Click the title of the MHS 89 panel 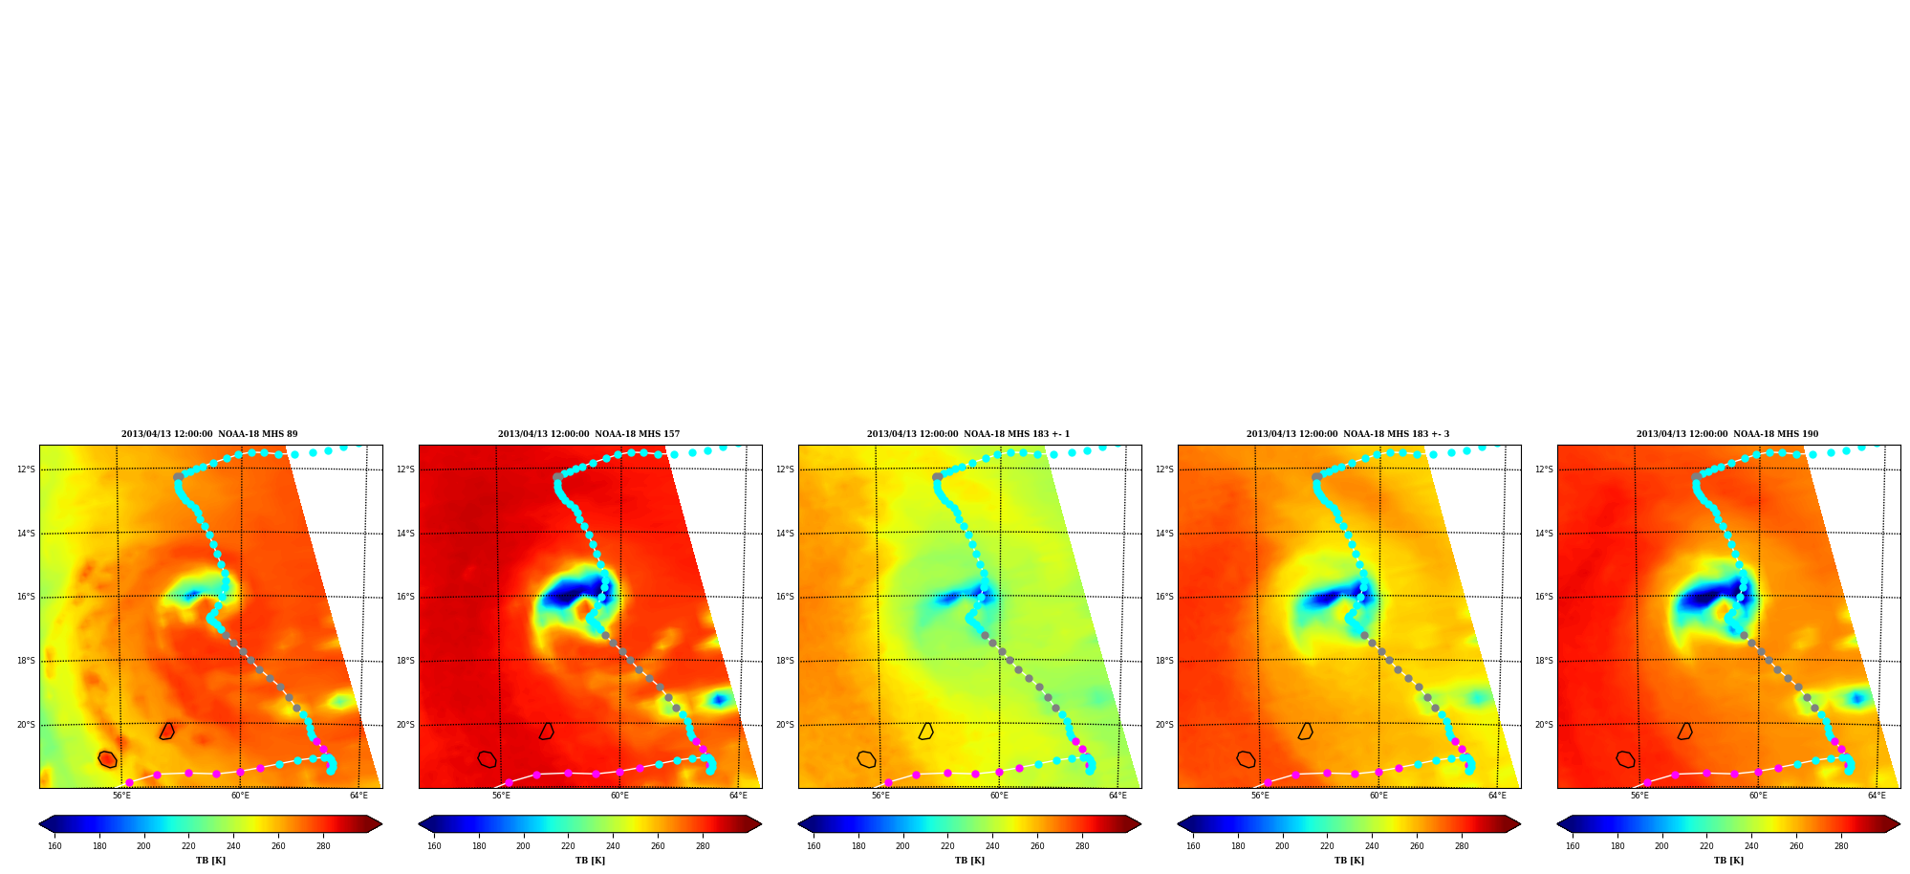pyautogui.click(x=209, y=434)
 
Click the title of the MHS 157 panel pyautogui.click(x=589, y=434)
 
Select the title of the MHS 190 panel pyautogui.click(x=1727, y=434)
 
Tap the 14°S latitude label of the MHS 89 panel pyautogui.click(x=26, y=534)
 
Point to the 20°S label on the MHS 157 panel pyautogui.click(x=405, y=725)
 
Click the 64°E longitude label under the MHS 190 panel pyautogui.click(x=1877, y=796)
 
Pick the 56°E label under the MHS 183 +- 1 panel pyautogui.click(x=880, y=796)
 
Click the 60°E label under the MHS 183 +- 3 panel pyautogui.click(x=1378, y=796)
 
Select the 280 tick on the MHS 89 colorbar pyautogui.click(x=323, y=846)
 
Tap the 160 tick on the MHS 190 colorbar pyautogui.click(x=1573, y=846)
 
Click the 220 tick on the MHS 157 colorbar pyautogui.click(x=568, y=846)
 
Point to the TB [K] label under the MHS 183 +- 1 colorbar pyautogui.click(x=969, y=861)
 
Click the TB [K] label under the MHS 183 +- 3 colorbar pyautogui.click(x=1349, y=861)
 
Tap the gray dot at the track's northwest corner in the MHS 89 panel pyautogui.click(x=178, y=476)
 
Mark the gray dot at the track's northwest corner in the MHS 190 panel pyautogui.click(x=1696, y=476)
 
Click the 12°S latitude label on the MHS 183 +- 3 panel pyautogui.click(x=1164, y=470)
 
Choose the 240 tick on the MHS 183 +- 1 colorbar pyautogui.click(x=992, y=846)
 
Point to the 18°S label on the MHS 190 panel pyautogui.click(x=1544, y=661)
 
